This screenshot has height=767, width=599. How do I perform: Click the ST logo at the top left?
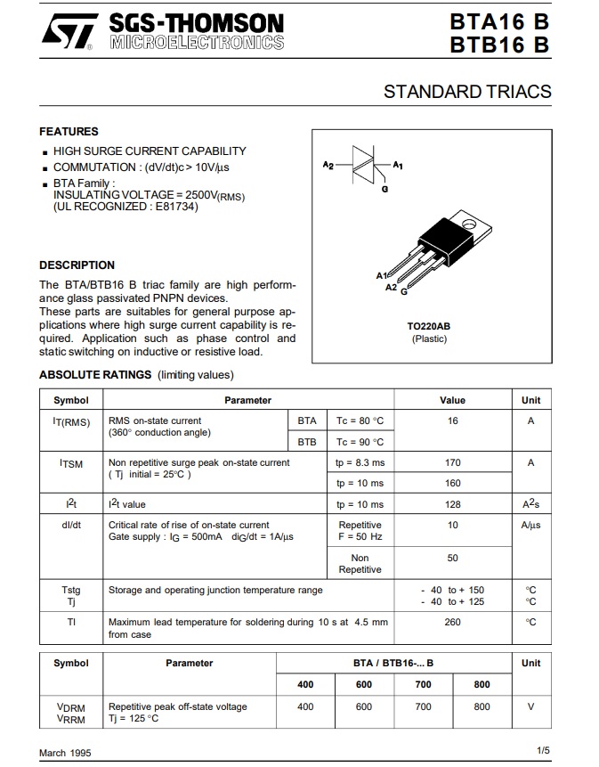click(69, 32)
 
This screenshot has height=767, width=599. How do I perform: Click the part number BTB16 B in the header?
click(499, 44)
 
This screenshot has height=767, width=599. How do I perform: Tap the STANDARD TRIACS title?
click(467, 92)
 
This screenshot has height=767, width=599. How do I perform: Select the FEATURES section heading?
click(69, 132)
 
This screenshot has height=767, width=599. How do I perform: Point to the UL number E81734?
click(176, 207)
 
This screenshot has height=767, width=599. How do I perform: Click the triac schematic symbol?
click(366, 166)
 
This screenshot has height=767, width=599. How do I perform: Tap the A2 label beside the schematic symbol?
click(328, 166)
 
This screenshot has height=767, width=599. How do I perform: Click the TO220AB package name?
click(429, 326)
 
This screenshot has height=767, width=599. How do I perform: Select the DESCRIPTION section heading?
click(77, 265)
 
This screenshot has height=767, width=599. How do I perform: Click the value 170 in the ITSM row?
click(453, 462)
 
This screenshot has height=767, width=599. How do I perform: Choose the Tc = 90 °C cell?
click(360, 442)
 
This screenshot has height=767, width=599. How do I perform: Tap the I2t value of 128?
click(453, 504)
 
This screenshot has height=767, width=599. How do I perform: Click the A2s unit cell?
click(530, 504)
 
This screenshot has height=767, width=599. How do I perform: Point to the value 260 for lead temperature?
click(453, 623)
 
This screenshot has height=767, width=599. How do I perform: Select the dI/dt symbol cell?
click(71, 525)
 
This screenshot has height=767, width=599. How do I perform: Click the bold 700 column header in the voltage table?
click(423, 684)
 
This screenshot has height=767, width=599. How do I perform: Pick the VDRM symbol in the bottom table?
click(71, 706)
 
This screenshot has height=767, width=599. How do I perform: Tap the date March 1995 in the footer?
click(65, 753)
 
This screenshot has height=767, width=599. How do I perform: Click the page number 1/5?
click(544, 751)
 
